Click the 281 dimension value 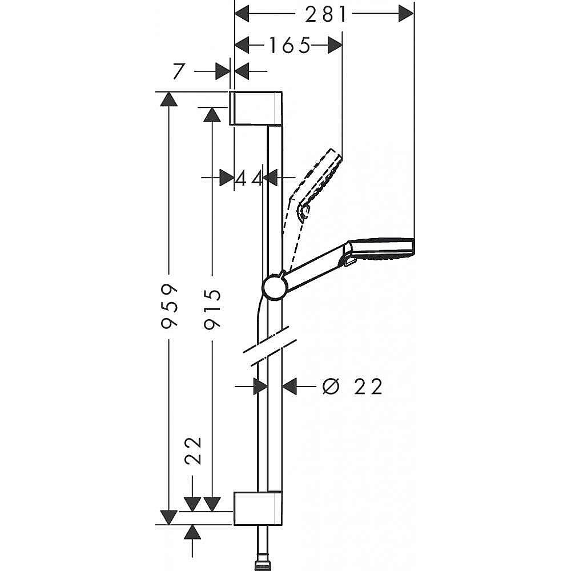[325, 14]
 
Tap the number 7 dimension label [179, 71]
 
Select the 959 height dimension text [170, 305]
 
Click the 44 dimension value [249, 178]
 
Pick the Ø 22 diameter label [352, 387]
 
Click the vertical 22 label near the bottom [194, 452]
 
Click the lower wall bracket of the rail [256, 508]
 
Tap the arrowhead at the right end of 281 [405, 14]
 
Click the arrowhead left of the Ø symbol [291, 387]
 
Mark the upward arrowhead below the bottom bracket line [194, 533]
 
